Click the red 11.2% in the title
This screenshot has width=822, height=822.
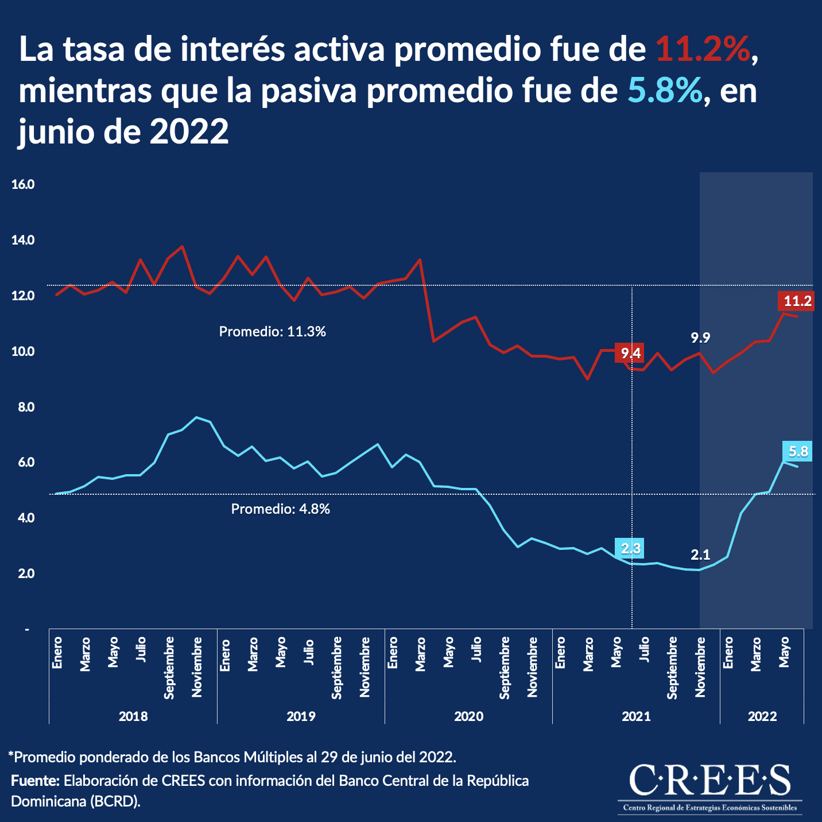pyautogui.click(x=704, y=49)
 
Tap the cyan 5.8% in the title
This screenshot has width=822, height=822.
pyautogui.click(x=665, y=91)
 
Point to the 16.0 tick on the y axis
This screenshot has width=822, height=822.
pyautogui.click(x=23, y=185)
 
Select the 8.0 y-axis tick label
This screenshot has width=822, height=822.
pyautogui.click(x=23, y=407)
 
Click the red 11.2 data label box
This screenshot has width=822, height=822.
pyautogui.click(x=797, y=301)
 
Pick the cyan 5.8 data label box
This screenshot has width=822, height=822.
pyautogui.click(x=798, y=452)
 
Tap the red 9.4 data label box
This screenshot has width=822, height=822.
pyautogui.click(x=630, y=353)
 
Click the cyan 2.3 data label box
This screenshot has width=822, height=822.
pyautogui.click(x=630, y=549)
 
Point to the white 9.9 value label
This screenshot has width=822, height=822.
pyautogui.click(x=700, y=338)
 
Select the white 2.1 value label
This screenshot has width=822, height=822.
pyautogui.click(x=700, y=555)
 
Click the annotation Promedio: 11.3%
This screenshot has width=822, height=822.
pyautogui.click(x=273, y=332)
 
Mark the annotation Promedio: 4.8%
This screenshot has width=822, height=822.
pyautogui.click(x=280, y=509)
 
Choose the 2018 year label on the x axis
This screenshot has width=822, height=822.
pyautogui.click(x=133, y=716)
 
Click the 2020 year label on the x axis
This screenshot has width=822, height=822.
pyautogui.click(x=468, y=716)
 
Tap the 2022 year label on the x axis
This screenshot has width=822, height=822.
pyautogui.click(x=762, y=716)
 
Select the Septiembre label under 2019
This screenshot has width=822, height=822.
pyautogui.click(x=337, y=668)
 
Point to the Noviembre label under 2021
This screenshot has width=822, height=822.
pyautogui.click(x=700, y=667)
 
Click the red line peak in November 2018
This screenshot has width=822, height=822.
pyautogui.click(x=182, y=246)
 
